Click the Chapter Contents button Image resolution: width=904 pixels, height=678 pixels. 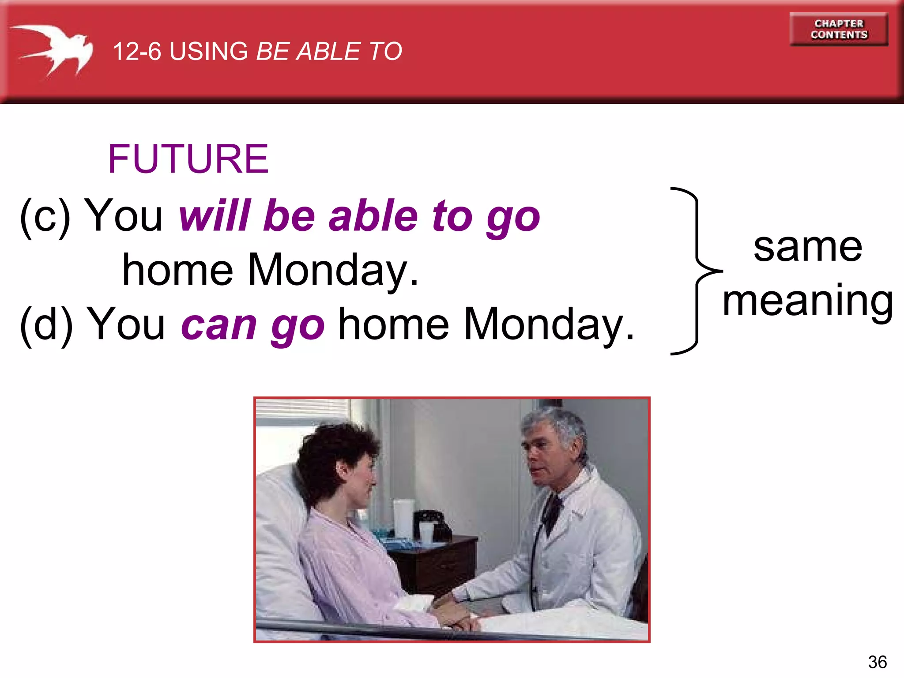[839, 29]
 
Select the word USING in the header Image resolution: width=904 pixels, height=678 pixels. [209, 51]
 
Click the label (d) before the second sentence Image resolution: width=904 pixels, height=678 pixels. [46, 324]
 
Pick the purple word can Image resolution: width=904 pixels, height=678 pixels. [219, 324]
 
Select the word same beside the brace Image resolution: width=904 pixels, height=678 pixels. [807, 247]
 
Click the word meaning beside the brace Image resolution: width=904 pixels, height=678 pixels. [807, 301]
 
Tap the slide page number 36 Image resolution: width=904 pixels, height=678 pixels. [877, 662]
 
